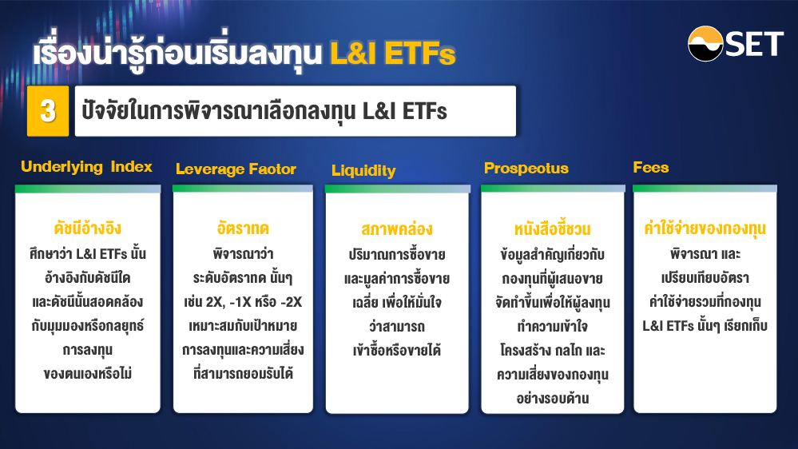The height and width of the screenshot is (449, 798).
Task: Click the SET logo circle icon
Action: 705,44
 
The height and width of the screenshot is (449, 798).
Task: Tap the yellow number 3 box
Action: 48,111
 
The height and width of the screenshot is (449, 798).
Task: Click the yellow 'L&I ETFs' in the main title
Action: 392,54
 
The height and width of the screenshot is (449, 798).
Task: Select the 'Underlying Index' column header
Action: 86,166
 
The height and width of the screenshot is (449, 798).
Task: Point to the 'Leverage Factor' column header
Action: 236,169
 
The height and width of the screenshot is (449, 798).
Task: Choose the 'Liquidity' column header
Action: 363,170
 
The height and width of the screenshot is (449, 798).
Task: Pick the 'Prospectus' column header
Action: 526,169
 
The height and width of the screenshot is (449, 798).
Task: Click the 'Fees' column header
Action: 650,168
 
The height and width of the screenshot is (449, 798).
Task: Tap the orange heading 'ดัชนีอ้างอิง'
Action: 88,228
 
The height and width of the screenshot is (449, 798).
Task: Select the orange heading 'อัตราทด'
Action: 243,228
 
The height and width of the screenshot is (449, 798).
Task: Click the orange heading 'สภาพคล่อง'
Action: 397,229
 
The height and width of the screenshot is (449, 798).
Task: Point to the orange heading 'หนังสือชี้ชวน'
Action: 552,229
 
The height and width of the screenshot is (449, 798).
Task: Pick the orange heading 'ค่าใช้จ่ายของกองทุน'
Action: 705,228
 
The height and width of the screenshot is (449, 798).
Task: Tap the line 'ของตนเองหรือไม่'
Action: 88,374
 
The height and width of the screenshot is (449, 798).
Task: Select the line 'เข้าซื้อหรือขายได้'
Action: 397,350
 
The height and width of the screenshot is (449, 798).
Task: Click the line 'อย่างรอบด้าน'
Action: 552,398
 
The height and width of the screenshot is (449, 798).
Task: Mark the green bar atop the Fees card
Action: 705,189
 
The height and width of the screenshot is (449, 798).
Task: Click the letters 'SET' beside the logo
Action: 754,44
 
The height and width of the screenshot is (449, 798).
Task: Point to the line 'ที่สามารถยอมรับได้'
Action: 243,374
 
